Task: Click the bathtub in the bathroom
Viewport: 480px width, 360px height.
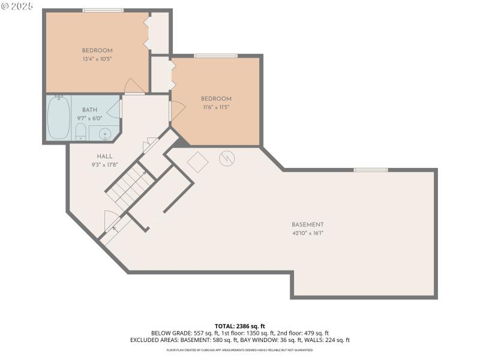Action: pos(59,118)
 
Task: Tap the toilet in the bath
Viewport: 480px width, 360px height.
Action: pos(81,131)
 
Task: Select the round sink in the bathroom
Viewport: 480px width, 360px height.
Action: pos(104,134)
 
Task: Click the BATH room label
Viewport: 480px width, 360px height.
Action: pos(89,110)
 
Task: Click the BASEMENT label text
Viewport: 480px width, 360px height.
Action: pos(308,224)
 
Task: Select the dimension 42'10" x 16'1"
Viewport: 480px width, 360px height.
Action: pos(308,233)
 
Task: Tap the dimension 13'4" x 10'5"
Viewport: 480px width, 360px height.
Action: pos(97,59)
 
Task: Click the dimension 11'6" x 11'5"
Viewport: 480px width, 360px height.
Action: pos(215,107)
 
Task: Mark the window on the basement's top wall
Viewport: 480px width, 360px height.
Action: pos(370,170)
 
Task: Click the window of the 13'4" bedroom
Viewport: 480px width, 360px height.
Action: pos(103,10)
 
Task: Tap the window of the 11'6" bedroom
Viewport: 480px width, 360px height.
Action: pos(215,56)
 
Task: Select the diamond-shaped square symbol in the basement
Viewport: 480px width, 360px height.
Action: pos(197,161)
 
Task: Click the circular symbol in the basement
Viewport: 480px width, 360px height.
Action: pos(227,158)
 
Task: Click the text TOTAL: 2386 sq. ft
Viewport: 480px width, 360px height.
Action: pos(239,326)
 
